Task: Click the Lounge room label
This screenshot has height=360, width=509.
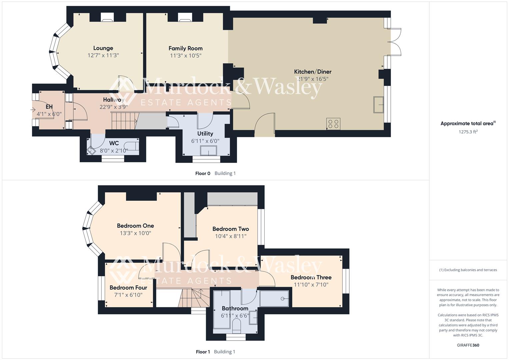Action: (103, 48)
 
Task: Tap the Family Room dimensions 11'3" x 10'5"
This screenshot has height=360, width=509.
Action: (185, 56)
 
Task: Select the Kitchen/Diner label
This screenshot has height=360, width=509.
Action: (312, 72)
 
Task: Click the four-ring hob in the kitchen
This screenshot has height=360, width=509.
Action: (333, 124)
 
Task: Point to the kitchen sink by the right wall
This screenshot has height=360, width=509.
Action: (379, 105)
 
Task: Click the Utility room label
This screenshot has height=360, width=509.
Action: (205, 134)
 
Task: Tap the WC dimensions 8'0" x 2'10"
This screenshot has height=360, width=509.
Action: (114, 151)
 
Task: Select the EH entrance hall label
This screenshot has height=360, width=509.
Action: (49, 107)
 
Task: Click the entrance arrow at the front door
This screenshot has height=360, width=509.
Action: (33, 109)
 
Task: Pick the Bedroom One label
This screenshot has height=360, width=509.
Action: (135, 226)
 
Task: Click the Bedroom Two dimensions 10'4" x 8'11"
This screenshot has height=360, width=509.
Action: (231, 236)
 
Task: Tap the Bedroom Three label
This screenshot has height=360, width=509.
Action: (311, 277)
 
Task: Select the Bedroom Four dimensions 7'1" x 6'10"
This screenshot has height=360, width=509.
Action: (128, 295)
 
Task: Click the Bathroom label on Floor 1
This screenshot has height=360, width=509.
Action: (235, 308)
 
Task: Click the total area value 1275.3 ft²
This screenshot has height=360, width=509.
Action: (468, 132)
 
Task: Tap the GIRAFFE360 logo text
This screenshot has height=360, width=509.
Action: (468, 345)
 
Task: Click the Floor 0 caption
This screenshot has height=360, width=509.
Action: (203, 173)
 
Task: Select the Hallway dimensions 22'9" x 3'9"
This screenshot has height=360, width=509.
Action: (114, 107)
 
